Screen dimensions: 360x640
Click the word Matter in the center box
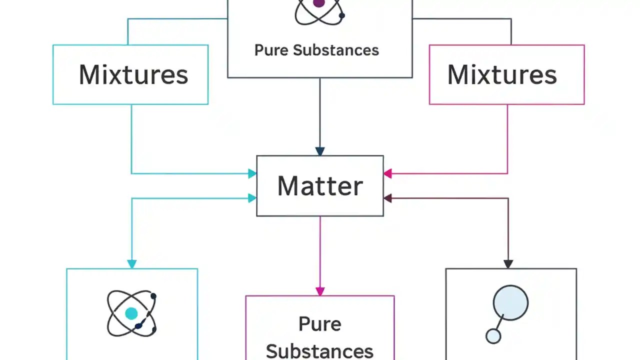(x=320, y=186)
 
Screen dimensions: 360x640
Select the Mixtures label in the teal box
(x=133, y=74)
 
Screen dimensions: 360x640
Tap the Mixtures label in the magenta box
(x=501, y=74)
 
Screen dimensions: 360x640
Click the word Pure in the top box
(x=271, y=50)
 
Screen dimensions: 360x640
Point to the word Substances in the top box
(x=335, y=50)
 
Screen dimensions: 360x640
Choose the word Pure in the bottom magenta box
(x=319, y=324)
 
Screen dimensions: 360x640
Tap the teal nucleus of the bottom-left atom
(x=131, y=313)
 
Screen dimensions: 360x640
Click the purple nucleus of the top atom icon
(x=318, y=4)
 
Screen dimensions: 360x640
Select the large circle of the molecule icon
(x=510, y=302)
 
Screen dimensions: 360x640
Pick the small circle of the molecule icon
(x=493, y=336)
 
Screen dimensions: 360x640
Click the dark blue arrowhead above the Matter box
(x=320, y=151)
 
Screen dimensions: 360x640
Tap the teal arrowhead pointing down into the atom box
(x=132, y=264)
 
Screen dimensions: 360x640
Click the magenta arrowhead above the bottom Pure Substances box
(x=320, y=291)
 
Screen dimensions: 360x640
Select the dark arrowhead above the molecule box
(x=508, y=264)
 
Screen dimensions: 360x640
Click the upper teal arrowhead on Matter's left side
(x=252, y=174)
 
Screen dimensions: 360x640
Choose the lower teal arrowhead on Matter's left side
(x=252, y=198)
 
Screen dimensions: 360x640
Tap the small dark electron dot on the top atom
(x=342, y=16)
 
